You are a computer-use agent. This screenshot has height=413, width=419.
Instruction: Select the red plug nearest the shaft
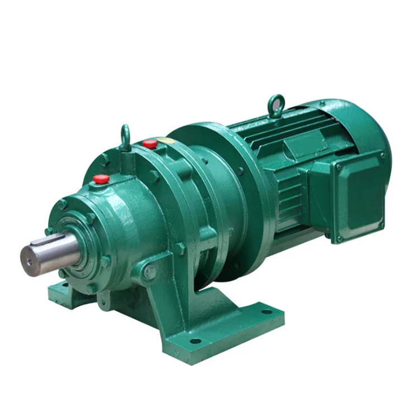pos(101,179)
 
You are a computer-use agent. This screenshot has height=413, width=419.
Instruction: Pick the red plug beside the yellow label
pos(149,144)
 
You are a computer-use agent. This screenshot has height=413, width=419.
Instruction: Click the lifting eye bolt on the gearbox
pos(125,136)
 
